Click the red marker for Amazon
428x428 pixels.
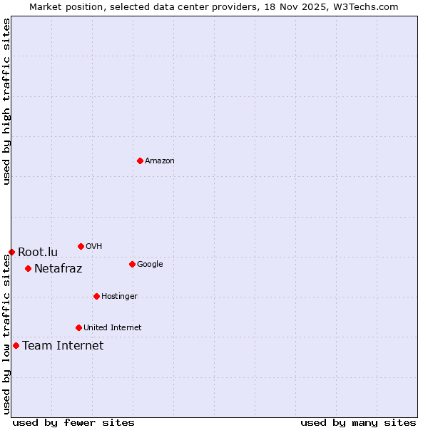[x=140, y=160]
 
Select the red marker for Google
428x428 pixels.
[x=132, y=264]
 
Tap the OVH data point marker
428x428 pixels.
[x=81, y=246]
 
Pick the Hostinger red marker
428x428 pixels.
[x=96, y=296]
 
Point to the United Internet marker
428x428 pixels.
[x=78, y=327]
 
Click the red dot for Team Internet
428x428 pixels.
[x=16, y=345]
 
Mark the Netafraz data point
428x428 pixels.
[x=28, y=268]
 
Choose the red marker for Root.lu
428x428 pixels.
[x=11, y=252]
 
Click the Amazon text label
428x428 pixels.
[x=160, y=161]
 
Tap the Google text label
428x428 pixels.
[x=150, y=265]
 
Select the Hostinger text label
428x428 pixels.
[x=119, y=297]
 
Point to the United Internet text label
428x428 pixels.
[x=113, y=328]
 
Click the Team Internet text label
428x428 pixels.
[x=63, y=346]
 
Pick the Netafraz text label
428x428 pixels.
[x=58, y=269]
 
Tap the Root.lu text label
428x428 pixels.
[x=38, y=253]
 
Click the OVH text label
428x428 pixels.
[x=93, y=247]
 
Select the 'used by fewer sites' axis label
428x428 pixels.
[x=73, y=422]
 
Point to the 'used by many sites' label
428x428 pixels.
[x=358, y=422]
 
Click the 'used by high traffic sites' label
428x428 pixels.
[x=6, y=101]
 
